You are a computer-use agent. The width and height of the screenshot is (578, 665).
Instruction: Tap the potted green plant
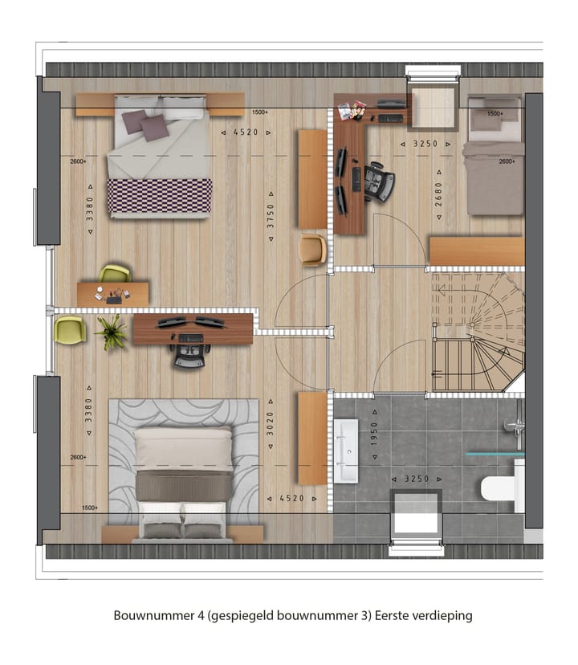[x=111, y=331]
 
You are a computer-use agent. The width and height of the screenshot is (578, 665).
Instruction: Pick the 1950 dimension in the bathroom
[x=373, y=434]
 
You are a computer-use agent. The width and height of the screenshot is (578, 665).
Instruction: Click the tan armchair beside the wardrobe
[x=311, y=249]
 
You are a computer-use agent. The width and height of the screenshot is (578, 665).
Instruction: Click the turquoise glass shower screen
[x=495, y=454]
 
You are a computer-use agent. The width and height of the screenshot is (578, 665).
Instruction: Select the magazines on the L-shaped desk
[x=356, y=110]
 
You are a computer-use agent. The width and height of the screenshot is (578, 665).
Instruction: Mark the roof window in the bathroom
[x=416, y=514]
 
